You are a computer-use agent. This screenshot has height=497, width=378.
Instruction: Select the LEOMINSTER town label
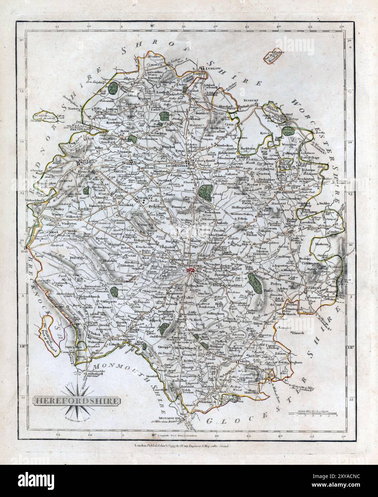177,166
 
